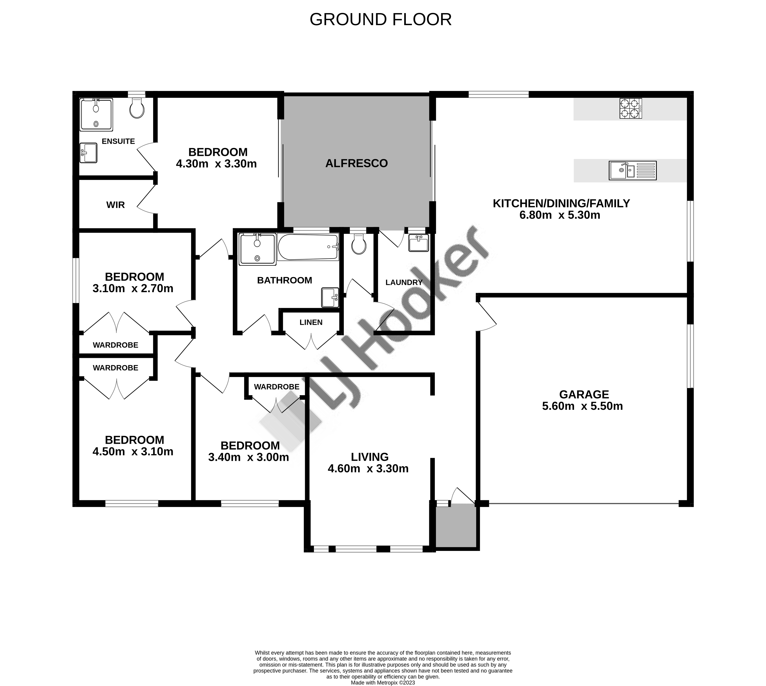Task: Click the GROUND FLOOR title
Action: [380, 20]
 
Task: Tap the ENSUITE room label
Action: [118, 141]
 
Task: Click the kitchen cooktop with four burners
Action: [631, 109]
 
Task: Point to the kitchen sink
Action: [633, 170]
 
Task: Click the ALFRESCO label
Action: [356, 163]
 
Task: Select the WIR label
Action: [115, 205]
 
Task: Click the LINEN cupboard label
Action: [311, 322]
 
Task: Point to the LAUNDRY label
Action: [404, 282]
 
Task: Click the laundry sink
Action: [419, 243]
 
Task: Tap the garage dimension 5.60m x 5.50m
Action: [583, 406]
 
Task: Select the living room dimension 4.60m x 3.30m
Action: [368, 469]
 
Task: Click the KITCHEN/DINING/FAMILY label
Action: [561, 203]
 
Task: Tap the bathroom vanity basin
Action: [330, 298]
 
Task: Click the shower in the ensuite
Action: [96, 115]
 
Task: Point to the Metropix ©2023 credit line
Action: [383, 683]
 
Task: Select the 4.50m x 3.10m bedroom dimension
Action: [133, 452]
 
